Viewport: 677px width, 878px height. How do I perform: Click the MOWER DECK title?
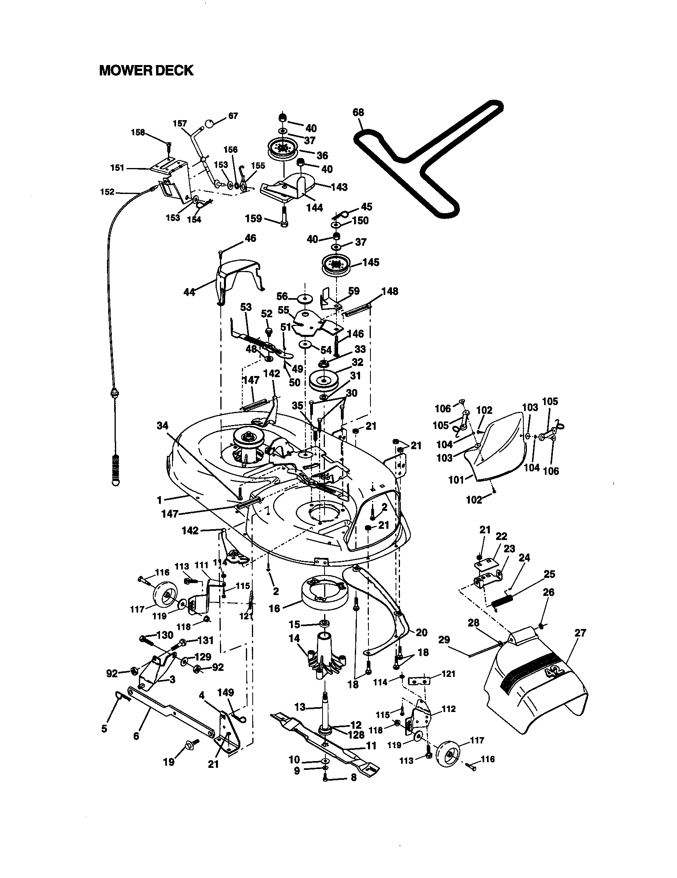click(146, 71)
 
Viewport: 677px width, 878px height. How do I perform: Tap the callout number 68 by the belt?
click(358, 112)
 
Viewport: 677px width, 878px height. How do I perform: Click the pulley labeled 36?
click(283, 150)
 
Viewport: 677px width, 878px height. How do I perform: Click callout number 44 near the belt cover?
click(189, 292)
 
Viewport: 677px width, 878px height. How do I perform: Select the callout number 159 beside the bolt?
click(253, 219)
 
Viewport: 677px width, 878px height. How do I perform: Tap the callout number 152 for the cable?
click(107, 192)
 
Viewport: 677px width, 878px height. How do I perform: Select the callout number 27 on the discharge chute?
click(580, 633)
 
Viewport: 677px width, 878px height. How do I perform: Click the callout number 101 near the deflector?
click(456, 480)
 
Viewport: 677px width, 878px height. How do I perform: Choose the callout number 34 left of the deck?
click(162, 425)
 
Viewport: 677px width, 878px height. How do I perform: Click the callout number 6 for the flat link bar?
click(136, 736)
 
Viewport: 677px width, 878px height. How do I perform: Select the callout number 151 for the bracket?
click(117, 168)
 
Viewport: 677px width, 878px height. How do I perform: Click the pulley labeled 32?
click(323, 380)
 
